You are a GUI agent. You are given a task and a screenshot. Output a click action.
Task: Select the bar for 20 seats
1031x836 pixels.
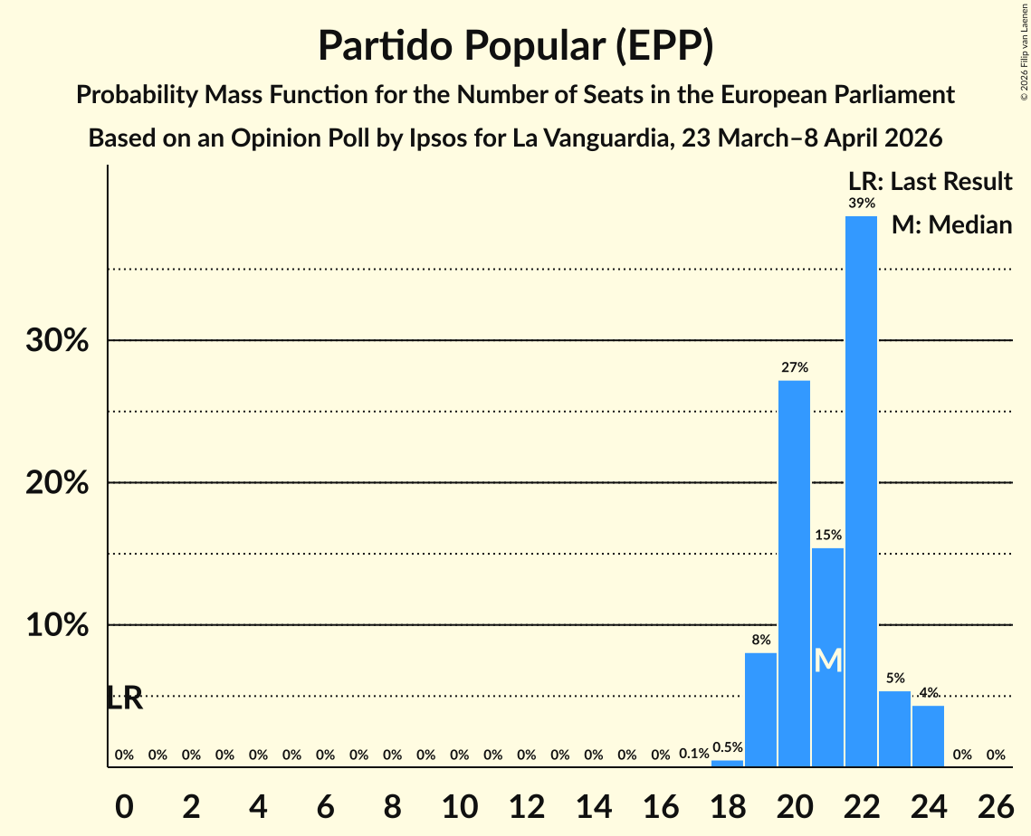tap(794, 574)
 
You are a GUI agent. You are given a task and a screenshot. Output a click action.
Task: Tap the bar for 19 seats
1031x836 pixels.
tap(760, 709)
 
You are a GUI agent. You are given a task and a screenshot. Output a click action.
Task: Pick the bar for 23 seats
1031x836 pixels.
tap(894, 728)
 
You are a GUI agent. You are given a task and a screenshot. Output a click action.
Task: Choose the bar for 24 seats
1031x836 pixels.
tap(928, 736)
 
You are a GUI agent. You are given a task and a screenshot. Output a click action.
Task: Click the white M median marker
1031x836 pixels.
tap(827, 660)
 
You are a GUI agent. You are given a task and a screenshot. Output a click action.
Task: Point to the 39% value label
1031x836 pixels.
tap(861, 204)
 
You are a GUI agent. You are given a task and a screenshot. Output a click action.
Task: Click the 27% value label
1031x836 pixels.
tap(794, 367)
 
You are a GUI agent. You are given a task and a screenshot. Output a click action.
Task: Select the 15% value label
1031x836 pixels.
tap(827, 535)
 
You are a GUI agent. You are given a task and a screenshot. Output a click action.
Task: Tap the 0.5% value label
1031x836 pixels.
tap(727, 747)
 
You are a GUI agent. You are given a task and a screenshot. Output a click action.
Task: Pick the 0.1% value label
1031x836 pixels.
tap(693, 754)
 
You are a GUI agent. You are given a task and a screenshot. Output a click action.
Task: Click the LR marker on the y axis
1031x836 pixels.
tap(124, 698)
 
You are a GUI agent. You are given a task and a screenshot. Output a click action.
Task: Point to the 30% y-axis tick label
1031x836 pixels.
tap(57, 341)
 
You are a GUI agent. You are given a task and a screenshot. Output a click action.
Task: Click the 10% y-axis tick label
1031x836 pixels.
tap(57, 625)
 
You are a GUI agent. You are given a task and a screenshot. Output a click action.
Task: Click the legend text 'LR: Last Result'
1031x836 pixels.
tap(930, 182)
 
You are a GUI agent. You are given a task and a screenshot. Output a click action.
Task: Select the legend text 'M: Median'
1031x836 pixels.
tap(951, 224)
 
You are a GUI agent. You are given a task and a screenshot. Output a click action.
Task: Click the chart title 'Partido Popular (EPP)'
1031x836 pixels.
tap(515, 45)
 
